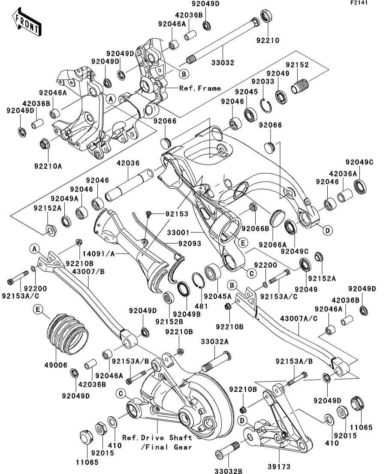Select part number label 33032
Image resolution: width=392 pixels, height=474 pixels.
pos(223,63)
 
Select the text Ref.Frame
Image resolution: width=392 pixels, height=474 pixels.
pos(200,88)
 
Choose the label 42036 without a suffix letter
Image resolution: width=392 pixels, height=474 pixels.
pos(128,164)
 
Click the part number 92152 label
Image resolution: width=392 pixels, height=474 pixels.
pos(298,64)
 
